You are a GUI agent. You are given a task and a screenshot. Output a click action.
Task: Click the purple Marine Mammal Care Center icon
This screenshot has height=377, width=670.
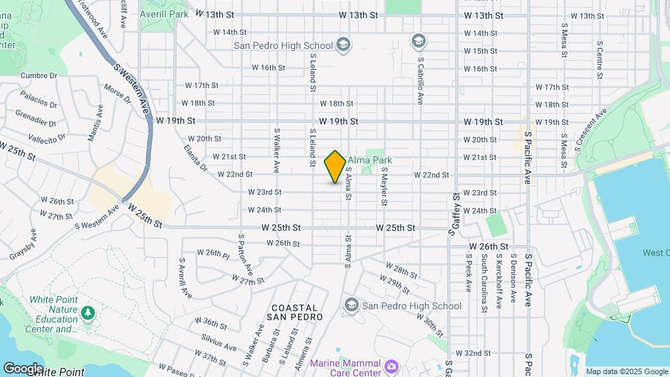tap(392, 365)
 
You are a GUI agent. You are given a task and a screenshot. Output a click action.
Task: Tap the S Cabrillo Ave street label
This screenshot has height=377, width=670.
tap(421, 77)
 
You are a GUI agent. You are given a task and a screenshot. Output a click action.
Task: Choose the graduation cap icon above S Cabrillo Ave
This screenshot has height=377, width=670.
tap(418, 40)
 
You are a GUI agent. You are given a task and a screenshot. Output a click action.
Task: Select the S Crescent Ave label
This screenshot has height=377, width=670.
tap(592, 130)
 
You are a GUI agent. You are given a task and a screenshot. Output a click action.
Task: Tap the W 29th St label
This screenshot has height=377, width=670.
tap(398, 282)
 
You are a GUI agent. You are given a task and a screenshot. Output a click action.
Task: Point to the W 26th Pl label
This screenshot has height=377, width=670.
tap(213, 253)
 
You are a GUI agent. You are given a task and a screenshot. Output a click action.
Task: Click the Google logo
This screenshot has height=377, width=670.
tap(23, 369)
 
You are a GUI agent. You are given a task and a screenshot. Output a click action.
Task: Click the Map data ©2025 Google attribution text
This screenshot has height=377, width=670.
tap(626, 371)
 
